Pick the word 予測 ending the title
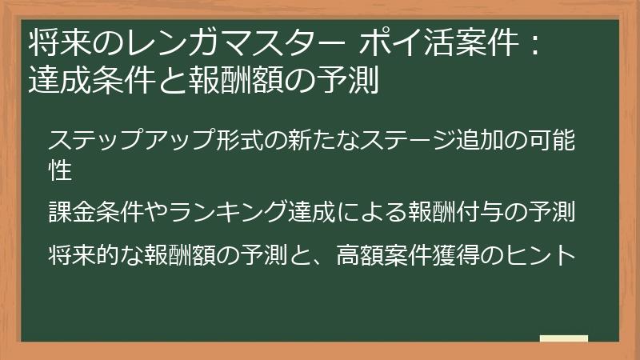coord(350,80)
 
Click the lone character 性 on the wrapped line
coord(61,169)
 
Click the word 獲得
coord(472,255)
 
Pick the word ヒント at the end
coord(549,255)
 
